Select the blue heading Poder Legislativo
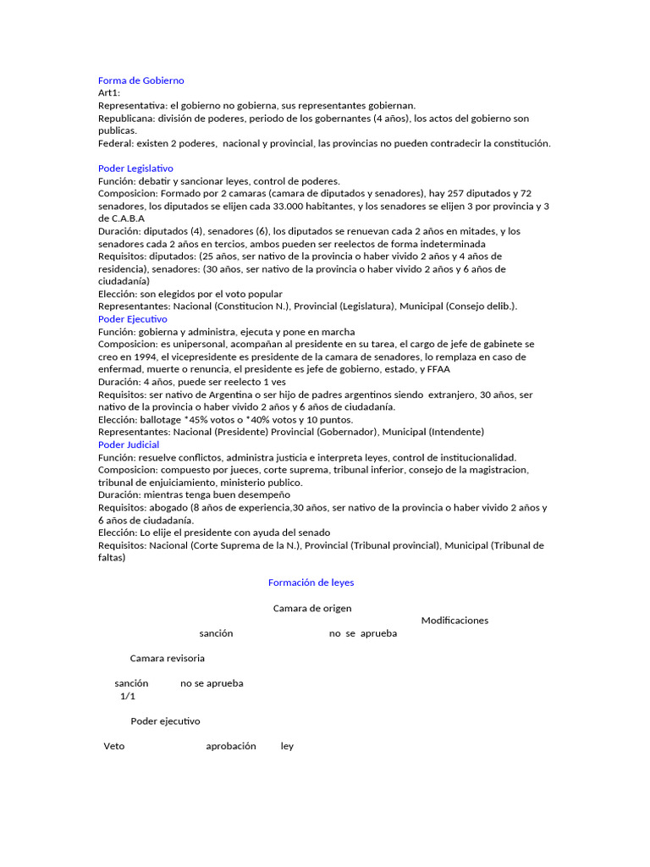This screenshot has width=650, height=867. (135, 168)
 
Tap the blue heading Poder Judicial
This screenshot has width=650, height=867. (129, 445)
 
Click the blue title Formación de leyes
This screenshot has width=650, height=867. (311, 583)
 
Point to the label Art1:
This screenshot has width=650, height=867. (109, 93)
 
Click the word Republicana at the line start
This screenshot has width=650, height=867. (125, 119)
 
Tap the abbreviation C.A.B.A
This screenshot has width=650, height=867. (128, 218)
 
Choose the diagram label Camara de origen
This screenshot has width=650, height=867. (312, 608)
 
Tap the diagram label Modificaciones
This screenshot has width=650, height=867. (454, 621)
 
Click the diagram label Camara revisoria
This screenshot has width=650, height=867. (167, 658)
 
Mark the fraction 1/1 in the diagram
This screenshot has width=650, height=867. (127, 696)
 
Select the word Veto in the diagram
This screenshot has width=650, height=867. (114, 746)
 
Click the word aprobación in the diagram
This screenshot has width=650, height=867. (230, 746)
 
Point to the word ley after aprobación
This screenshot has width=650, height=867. (287, 746)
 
